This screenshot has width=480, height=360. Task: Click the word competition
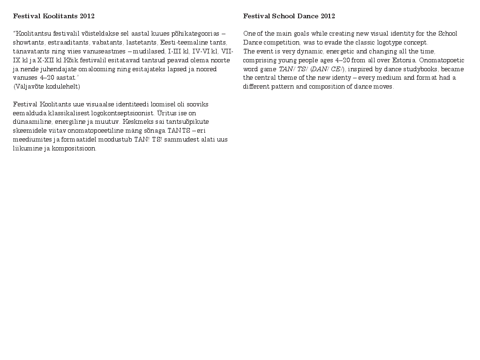[279, 43]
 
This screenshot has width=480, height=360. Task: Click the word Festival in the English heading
[256, 16]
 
